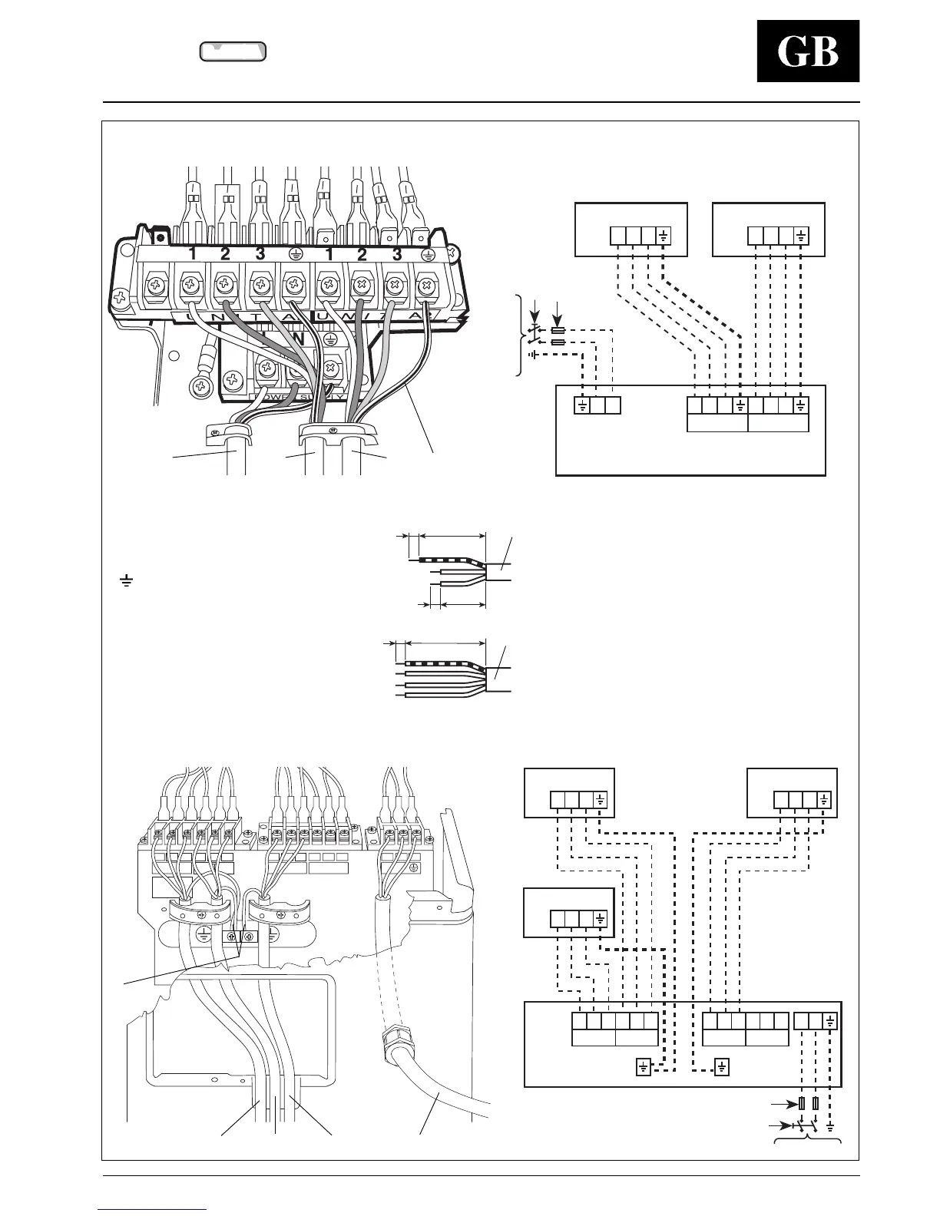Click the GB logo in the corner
tap(808, 51)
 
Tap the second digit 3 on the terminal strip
tap(397, 254)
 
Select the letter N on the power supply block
tap(299, 338)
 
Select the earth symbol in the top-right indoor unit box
tap(801, 235)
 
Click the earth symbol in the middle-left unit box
tap(600, 918)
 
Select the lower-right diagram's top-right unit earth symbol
tap(824, 799)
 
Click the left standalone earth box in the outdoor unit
tap(644, 1066)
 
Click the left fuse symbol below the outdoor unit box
tap(801, 1104)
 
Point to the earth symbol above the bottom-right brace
tap(831, 1126)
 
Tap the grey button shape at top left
tap(233, 51)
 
